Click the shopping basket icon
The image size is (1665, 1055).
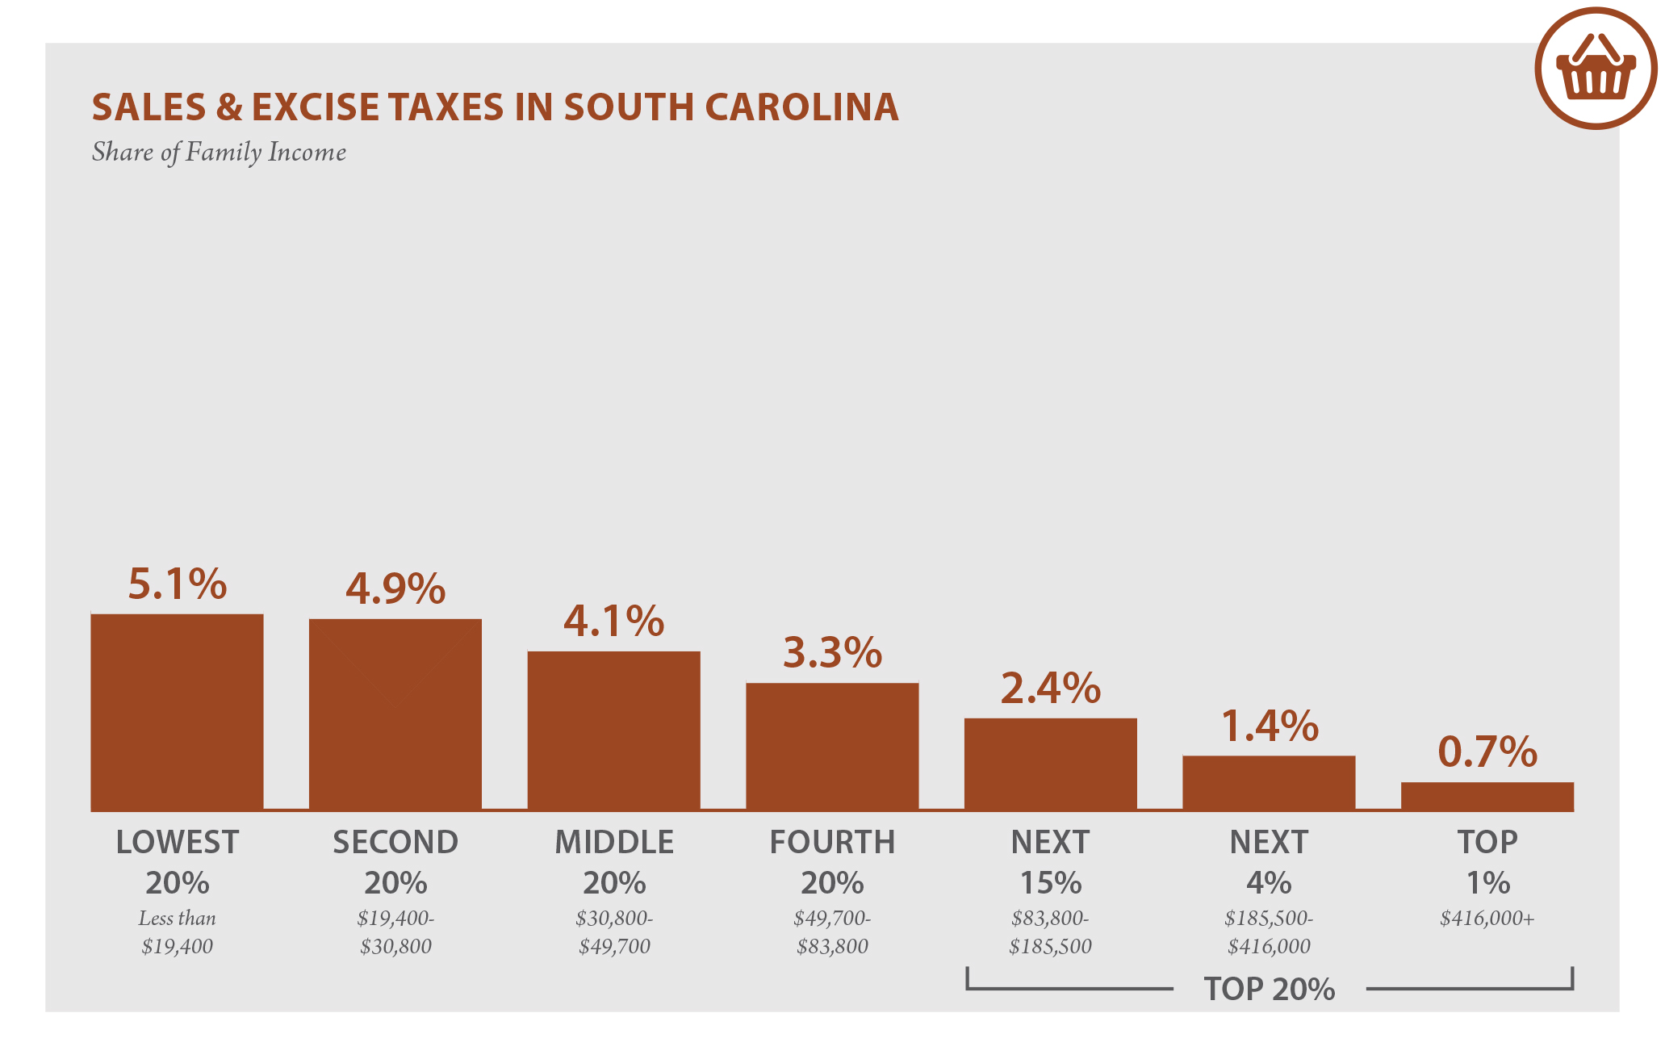coord(1596,69)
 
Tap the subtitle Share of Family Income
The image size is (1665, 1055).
coord(219,153)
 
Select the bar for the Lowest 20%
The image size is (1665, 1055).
coord(177,712)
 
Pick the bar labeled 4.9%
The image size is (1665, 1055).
coord(395,714)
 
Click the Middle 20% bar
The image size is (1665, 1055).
coord(613,731)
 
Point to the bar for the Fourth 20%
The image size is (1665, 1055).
coord(832,747)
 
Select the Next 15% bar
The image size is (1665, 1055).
coord(1050,764)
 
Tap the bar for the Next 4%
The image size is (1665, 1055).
coord(1269,783)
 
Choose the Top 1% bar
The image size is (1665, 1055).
coord(1487,796)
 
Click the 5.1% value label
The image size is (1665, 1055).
coord(178,584)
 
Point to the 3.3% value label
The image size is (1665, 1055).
coord(832,652)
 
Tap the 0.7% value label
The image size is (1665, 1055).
coord(1487,751)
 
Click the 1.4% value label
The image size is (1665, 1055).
coord(1269,725)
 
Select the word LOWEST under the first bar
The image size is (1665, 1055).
coord(177,842)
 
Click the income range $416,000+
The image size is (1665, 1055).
coord(1487,918)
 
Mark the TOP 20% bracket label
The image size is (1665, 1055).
coord(1269,989)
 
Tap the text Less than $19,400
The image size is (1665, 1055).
coord(177,932)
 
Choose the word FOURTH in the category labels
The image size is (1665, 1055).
coord(832,842)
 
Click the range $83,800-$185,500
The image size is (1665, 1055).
coord(1050,932)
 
